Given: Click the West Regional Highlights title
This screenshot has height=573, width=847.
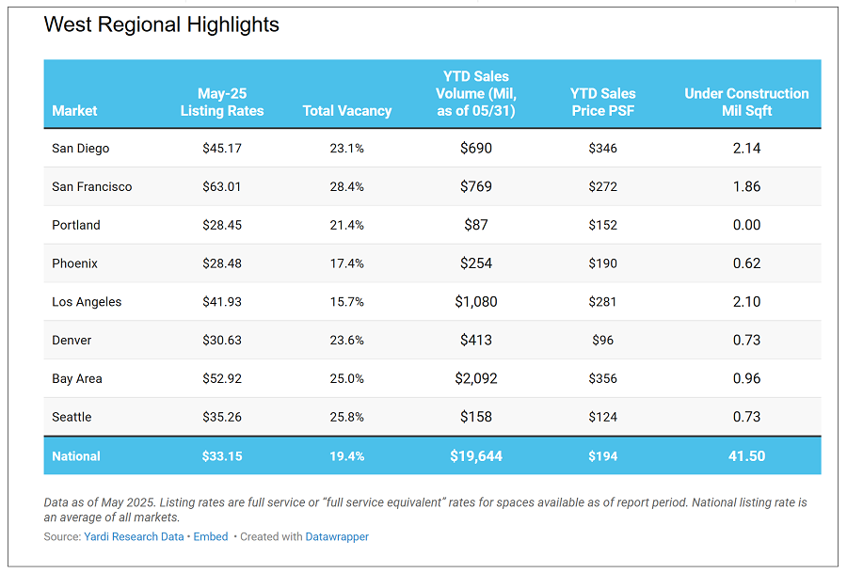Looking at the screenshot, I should point(161,25).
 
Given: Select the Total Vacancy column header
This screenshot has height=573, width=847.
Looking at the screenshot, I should point(346,111).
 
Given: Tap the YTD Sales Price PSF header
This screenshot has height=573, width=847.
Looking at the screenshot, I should point(602,102).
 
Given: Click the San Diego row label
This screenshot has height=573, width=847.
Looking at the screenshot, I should point(81,148).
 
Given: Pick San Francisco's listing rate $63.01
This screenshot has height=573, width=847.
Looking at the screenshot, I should point(222,186).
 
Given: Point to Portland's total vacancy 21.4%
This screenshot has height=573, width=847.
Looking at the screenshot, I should point(346,225).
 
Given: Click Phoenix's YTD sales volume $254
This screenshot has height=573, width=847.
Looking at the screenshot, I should point(475,263).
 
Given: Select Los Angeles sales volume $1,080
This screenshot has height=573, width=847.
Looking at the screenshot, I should point(475,302).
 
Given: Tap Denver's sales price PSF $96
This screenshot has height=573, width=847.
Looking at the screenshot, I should point(602,341).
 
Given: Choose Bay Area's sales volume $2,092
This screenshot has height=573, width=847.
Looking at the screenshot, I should point(475,378).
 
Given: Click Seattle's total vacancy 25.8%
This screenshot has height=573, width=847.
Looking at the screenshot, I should point(346,417).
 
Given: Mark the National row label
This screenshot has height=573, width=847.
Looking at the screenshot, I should point(76,456).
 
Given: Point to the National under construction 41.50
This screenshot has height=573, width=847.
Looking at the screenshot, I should point(746,456).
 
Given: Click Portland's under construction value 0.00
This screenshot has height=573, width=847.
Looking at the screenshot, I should point(746,225).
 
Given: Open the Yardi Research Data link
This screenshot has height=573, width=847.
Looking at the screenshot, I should point(135,537).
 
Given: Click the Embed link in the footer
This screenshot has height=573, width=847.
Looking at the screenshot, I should point(211,537).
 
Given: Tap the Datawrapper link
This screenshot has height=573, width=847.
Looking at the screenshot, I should point(337,537).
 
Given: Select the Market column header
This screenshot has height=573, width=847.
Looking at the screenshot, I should point(74,111).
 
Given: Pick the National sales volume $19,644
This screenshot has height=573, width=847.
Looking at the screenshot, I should point(475,456).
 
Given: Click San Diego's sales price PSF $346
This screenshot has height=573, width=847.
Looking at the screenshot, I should point(602,148).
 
